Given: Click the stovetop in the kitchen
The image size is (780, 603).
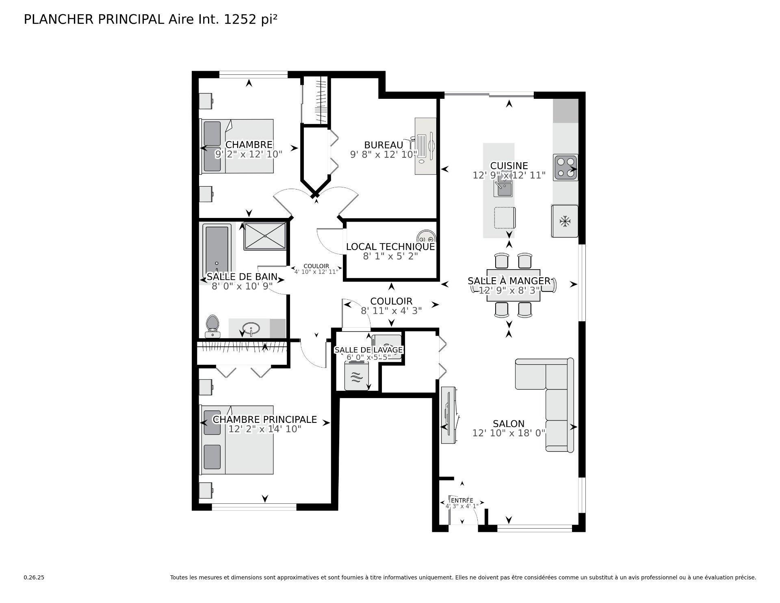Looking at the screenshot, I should pyautogui.click(x=565, y=168).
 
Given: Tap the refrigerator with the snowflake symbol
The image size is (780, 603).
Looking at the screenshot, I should pyautogui.click(x=565, y=222).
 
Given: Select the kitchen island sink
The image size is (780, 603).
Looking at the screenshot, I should pyautogui.click(x=503, y=189).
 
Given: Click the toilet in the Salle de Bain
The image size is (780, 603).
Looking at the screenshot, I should pyautogui.click(x=212, y=326).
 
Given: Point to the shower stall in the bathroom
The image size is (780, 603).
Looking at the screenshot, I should pyautogui.click(x=265, y=236).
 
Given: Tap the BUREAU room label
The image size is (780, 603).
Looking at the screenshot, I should pyautogui.click(x=383, y=145).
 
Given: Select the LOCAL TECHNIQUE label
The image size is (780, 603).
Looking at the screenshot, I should pyautogui.click(x=390, y=246).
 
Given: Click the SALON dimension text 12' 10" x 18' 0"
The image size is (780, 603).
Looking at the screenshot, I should pyautogui.click(x=508, y=433).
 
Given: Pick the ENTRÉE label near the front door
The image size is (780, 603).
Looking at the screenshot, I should pyautogui.click(x=462, y=500).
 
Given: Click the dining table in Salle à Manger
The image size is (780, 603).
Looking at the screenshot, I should pyautogui.click(x=513, y=286).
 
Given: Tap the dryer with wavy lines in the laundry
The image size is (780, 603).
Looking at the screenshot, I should pyautogui.click(x=356, y=377).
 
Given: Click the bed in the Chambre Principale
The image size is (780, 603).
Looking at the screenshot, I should pyautogui.click(x=237, y=440).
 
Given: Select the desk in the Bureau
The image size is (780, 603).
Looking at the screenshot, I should pyautogui.click(x=425, y=146).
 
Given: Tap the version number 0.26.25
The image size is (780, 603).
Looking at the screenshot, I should pyautogui.click(x=34, y=577).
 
